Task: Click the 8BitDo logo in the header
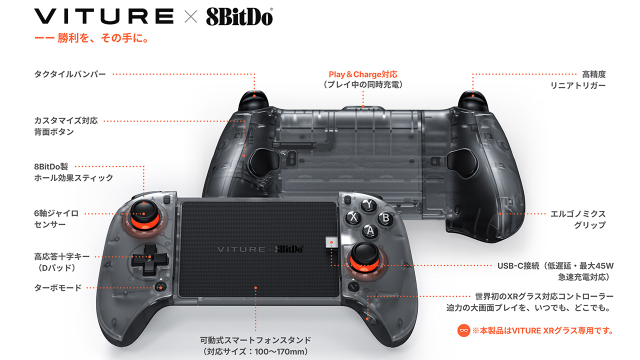(239, 16)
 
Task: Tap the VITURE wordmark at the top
(103, 16)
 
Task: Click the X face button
(353, 217)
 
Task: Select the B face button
(385, 218)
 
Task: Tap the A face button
(370, 230)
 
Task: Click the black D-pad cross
(149, 259)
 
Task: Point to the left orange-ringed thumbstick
(144, 216)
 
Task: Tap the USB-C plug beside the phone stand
(331, 242)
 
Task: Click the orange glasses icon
(463, 330)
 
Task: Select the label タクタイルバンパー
(70, 74)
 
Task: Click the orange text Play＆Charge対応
(363, 74)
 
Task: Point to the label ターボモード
(57, 287)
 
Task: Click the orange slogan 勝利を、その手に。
(103, 38)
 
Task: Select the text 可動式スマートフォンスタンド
(255, 340)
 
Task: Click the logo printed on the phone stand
(260, 249)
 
